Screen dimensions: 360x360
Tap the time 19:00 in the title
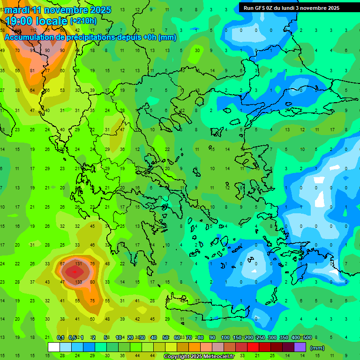[23, 21]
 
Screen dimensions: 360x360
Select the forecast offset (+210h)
[83, 21]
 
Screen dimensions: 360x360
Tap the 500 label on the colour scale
[307, 337]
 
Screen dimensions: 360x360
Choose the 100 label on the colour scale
[225, 337]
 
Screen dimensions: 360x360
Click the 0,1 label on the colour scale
[60, 337]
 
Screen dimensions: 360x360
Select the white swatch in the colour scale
[54, 347]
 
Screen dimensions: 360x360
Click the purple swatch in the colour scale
[300, 347]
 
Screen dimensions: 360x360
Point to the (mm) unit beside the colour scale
[317, 348]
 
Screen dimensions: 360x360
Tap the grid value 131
[79, 263]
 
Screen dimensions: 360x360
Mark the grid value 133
[78, 282]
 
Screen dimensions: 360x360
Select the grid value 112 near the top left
[32, 30]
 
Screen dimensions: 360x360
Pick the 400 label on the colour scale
[296, 337]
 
